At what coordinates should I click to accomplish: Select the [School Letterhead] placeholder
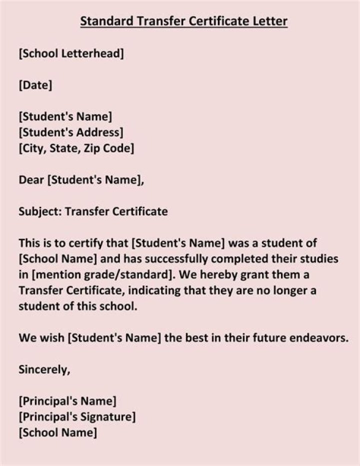coord(71,54)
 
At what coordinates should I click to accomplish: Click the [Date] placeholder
coord(35,85)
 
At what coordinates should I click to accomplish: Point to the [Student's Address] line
coord(71,133)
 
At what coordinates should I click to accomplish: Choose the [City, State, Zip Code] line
coord(76,148)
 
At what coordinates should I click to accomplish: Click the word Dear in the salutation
coord(31,180)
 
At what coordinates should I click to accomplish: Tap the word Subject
coord(40,211)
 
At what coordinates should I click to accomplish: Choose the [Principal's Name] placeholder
coord(67,401)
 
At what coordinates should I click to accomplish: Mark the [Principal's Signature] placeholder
coord(76,416)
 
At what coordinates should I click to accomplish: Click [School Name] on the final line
coord(57,432)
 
